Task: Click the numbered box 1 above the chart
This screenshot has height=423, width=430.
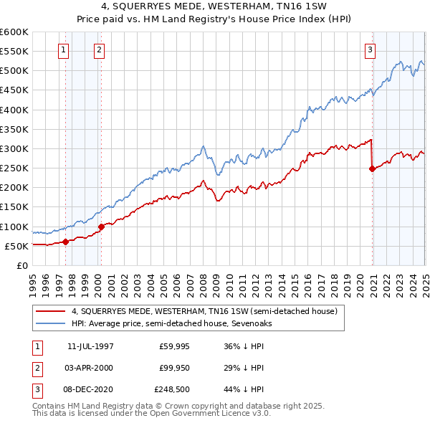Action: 64,50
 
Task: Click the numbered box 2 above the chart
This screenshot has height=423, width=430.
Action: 98,50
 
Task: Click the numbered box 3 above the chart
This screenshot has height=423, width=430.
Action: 370,50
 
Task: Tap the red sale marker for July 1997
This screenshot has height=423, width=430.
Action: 65,242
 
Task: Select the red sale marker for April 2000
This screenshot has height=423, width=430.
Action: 101,227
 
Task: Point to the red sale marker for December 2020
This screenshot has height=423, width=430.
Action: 373,168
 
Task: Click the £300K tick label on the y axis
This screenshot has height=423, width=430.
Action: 14,148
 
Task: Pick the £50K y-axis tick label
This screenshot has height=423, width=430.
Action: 16,246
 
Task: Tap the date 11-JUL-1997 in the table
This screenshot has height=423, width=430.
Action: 90,346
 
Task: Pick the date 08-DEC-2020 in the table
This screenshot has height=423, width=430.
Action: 90,390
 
